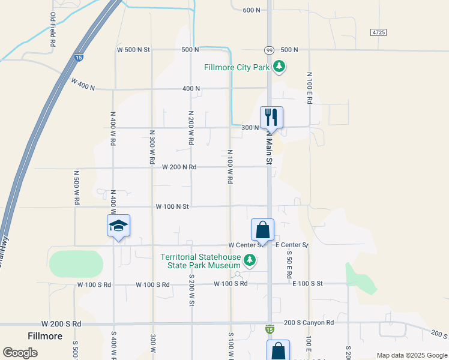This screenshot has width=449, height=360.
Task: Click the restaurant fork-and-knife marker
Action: pos(271,116)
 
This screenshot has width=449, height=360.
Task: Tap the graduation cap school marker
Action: pos(119,226)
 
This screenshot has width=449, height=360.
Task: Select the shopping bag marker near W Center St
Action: pos(262,229)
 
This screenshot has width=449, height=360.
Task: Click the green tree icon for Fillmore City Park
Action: pos(279,67)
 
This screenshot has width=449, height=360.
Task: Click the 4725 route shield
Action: pos(378,32)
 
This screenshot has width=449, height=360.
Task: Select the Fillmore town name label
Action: pos(45,336)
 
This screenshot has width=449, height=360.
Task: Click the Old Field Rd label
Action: pos(53,30)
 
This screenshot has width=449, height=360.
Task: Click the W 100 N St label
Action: pos(172,206)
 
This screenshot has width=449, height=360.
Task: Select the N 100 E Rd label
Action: pos(310,89)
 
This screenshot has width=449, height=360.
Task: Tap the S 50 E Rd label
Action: pos(289,264)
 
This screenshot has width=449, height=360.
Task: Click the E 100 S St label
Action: pos(308,283)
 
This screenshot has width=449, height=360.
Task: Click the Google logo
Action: pos(20,353)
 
